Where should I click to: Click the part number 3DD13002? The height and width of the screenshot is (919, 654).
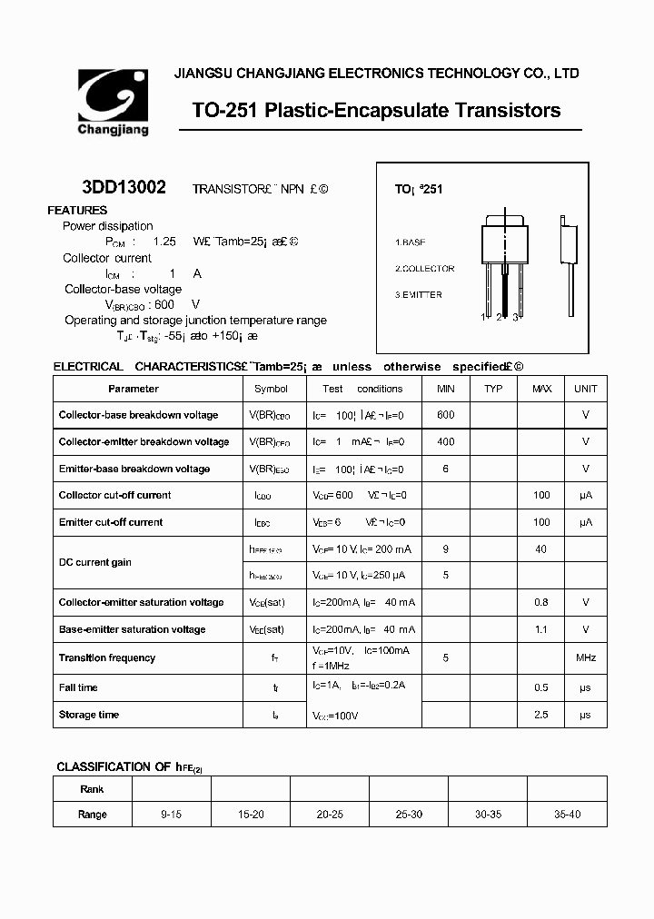124,188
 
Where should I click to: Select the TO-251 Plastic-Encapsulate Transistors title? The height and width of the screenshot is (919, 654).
376,111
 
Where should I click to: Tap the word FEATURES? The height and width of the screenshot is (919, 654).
77,211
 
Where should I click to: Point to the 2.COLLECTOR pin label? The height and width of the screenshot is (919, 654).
424,269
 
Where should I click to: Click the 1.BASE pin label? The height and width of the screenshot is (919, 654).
410,242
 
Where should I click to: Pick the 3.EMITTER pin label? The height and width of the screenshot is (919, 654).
419,295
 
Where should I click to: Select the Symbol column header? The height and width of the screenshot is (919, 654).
271,389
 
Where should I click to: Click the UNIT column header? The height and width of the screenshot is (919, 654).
586,389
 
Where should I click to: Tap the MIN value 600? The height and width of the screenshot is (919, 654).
445,415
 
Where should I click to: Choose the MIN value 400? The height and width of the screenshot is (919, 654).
445,441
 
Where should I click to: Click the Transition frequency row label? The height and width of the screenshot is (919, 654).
107,658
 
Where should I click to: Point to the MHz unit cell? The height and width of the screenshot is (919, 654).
586,658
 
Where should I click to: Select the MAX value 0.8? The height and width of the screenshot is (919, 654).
541,602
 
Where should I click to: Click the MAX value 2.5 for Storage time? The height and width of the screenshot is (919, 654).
541,716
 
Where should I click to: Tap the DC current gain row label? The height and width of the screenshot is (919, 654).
95,562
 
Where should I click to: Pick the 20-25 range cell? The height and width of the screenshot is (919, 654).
330,815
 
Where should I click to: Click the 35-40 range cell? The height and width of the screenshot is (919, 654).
567,815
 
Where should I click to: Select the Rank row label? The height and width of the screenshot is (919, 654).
93,789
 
